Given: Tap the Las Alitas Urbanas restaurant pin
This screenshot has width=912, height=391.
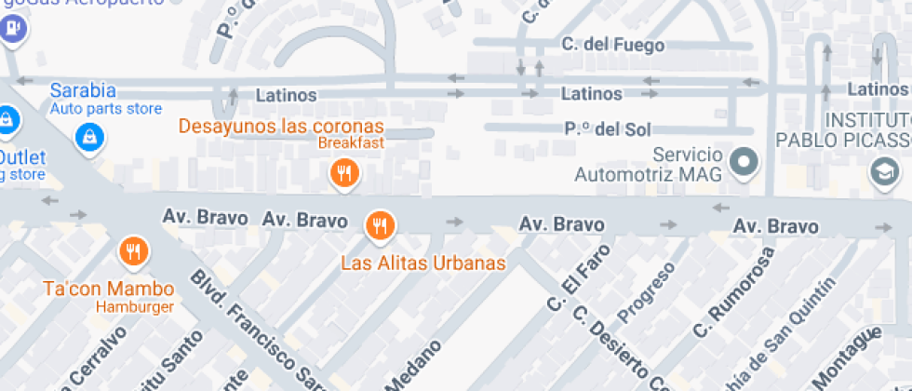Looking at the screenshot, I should (x=380, y=224).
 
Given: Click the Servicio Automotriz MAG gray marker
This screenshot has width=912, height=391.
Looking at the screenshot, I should (x=744, y=162).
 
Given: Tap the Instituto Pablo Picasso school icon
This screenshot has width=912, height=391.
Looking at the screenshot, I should (x=883, y=171).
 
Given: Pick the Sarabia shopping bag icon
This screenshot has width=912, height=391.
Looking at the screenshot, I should (x=89, y=136).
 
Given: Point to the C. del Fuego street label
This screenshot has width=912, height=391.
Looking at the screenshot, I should (x=613, y=45).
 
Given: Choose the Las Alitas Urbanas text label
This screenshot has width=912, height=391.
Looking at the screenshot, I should (x=422, y=263).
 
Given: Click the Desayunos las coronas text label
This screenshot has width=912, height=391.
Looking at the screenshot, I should (x=281, y=126).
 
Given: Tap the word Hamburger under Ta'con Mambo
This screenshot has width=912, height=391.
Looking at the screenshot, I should (x=132, y=306).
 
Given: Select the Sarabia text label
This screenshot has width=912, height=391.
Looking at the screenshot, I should (x=83, y=90).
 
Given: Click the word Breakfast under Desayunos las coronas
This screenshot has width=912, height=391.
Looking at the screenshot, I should (x=351, y=143).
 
